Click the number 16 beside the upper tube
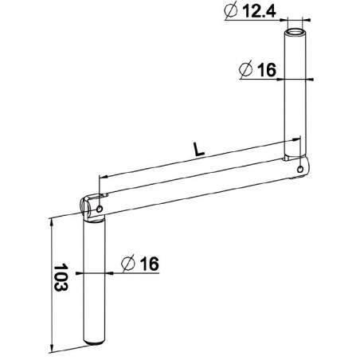(x=266, y=70)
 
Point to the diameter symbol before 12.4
(x=232, y=12)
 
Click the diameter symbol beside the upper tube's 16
(x=246, y=70)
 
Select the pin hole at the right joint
(x=299, y=169)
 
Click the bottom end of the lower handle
(x=95, y=345)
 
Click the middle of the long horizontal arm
(x=195, y=183)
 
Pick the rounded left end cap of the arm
(x=84, y=205)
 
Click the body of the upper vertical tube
(x=295, y=96)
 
